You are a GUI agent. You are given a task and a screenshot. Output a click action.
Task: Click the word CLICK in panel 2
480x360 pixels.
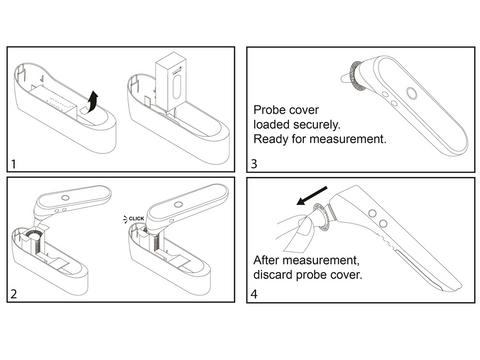pos(137,216)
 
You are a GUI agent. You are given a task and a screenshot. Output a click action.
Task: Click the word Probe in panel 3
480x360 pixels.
pos(271,108)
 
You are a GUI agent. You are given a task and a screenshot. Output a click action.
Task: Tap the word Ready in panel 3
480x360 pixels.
pos(272,139)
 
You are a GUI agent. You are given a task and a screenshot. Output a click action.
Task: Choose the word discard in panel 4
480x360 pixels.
pos(276,273)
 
